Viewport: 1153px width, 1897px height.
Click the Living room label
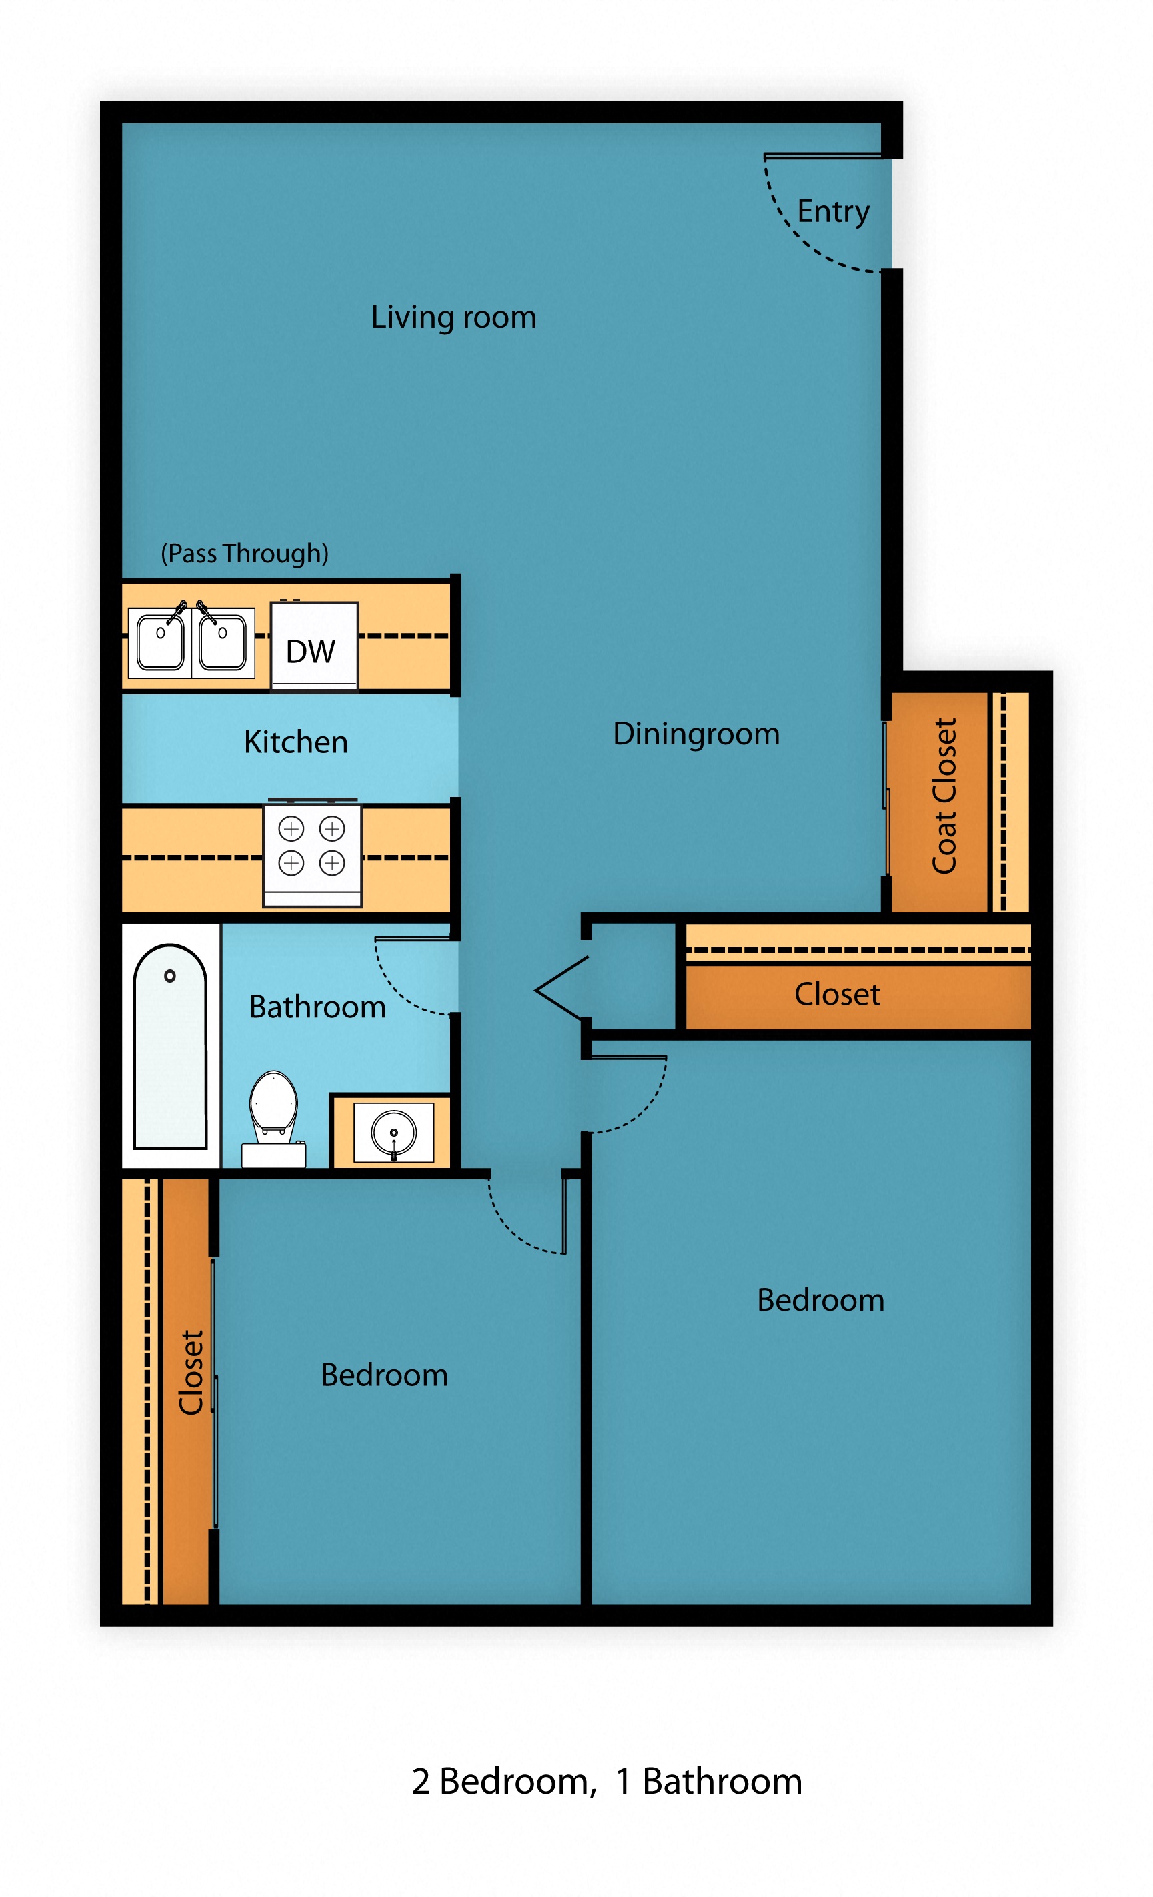[453, 318]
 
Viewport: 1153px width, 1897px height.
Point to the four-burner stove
[311, 853]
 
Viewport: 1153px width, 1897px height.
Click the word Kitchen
[295, 742]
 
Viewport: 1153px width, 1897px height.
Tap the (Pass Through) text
[244, 554]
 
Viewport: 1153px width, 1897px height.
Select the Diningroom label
[696, 734]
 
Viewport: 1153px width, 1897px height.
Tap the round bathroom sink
[393, 1132]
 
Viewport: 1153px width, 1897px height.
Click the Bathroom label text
[317, 1007]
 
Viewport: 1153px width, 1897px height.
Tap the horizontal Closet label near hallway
[837, 994]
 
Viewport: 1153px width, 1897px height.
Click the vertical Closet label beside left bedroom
[191, 1373]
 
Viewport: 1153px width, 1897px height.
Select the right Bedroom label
[820, 1300]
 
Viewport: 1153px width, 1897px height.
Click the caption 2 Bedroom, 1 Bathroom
[607, 1782]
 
